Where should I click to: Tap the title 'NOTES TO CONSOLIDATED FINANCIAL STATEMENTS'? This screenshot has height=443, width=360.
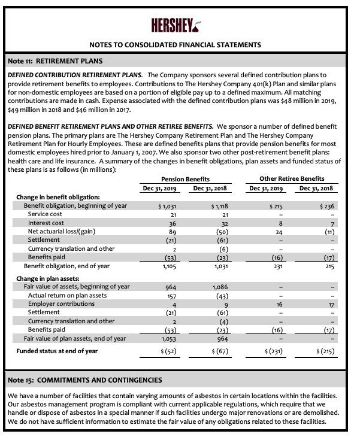click(174, 45)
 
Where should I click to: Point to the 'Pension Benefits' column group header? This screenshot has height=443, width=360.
click(186, 179)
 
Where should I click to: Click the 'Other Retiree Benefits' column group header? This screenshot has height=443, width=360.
click(292, 179)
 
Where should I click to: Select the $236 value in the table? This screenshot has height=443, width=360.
click(326, 206)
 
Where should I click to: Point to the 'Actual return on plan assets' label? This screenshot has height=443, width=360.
click(67, 295)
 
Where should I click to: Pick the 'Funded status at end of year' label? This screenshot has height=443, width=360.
click(57, 351)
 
